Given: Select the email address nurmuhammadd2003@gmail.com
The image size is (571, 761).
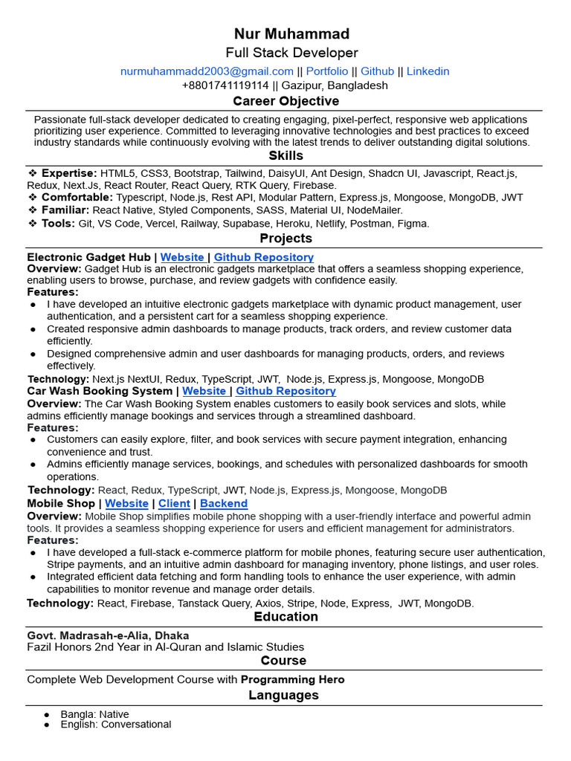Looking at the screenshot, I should (207, 71).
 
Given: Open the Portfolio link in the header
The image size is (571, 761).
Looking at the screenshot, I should (327, 71).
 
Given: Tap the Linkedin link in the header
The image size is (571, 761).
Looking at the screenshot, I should (428, 71).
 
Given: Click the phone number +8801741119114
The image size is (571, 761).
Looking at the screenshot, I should (225, 85).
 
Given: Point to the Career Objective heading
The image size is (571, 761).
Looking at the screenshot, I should (285, 101).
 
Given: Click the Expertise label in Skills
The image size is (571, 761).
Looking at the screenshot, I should (69, 173).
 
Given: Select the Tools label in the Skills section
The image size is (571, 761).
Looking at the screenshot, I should (58, 223).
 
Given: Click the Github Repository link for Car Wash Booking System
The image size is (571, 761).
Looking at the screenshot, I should (285, 391).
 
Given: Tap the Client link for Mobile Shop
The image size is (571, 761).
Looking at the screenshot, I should (174, 503).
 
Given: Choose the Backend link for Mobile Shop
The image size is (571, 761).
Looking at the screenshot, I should (224, 503).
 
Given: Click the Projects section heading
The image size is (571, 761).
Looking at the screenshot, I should (285, 239).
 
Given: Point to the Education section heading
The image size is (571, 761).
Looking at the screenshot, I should (285, 617).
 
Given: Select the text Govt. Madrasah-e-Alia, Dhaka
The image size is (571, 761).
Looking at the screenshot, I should (108, 635).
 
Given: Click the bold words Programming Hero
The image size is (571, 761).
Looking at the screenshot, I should (292, 679).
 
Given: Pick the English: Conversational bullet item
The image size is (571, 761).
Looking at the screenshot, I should (115, 725).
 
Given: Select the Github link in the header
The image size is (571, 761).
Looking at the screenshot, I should (378, 71).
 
